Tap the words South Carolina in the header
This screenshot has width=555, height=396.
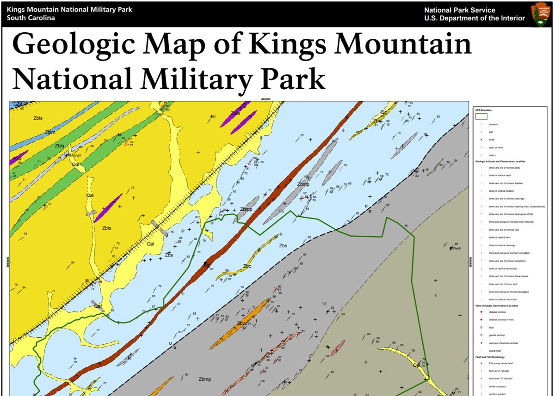[31, 18]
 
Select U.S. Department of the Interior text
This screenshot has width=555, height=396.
[475, 18]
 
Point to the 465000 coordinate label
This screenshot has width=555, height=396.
[265, 99]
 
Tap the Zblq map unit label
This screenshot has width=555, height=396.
[60, 146]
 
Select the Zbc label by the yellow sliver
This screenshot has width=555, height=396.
[247, 266]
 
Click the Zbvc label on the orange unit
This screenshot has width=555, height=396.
[242, 323]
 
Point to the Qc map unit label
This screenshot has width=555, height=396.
[383, 112]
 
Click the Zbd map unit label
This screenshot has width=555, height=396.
[377, 121]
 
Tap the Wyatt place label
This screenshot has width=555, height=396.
[456, 248]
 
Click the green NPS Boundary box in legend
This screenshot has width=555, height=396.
[481, 116]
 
